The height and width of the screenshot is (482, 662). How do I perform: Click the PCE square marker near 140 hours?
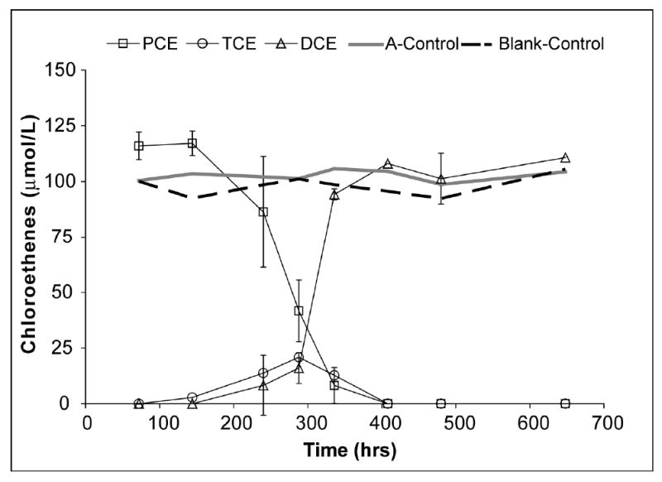(x=192, y=143)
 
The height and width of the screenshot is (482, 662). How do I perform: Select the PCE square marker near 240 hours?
(x=263, y=212)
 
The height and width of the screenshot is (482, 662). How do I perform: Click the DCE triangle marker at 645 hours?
(x=565, y=157)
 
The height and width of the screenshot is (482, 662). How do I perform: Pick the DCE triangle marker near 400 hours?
(x=387, y=164)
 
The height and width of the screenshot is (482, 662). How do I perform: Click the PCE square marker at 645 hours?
(x=565, y=403)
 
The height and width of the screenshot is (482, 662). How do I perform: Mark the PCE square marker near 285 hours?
(x=299, y=311)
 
